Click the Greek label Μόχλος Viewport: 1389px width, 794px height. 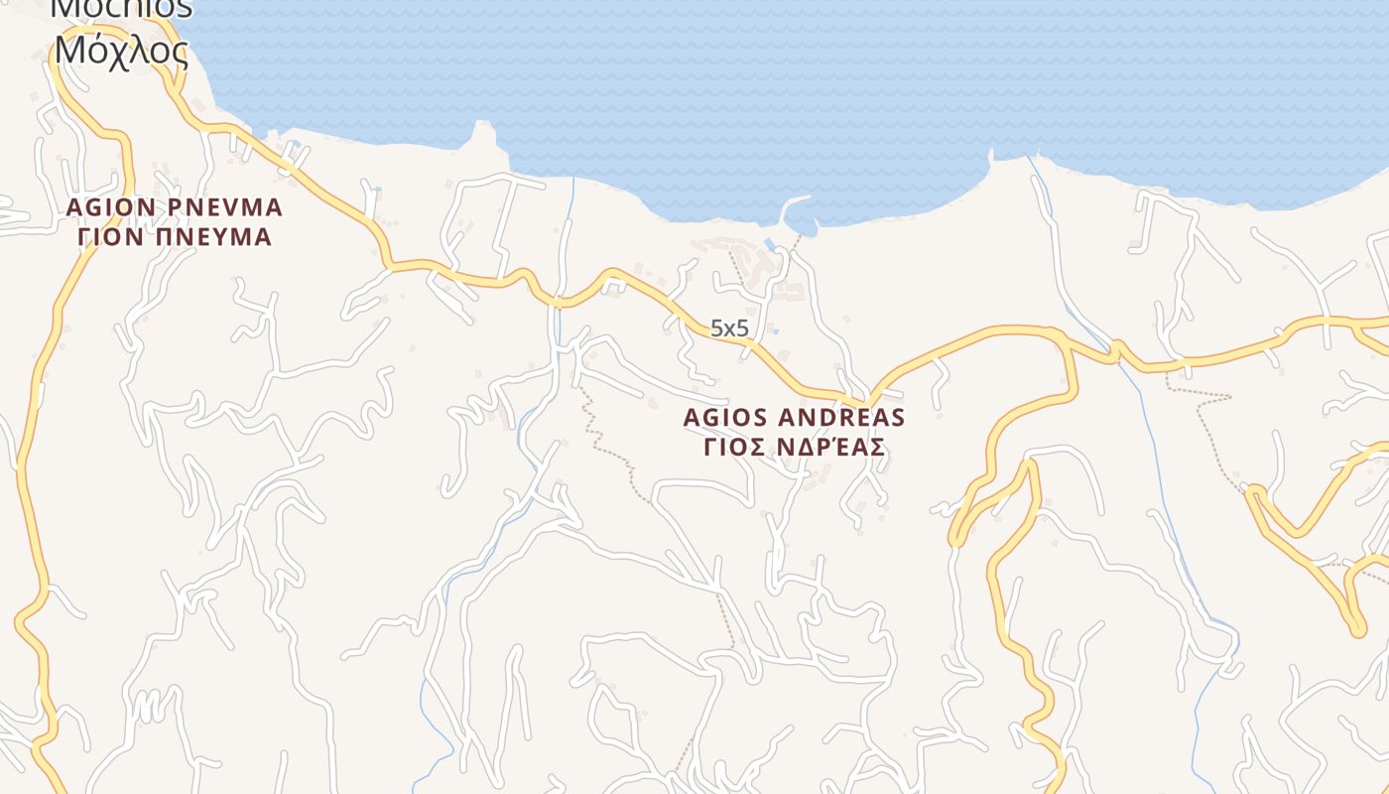pos(121,49)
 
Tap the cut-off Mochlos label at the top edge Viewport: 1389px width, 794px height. pos(121,8)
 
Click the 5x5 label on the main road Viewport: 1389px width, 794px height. pos(729,329)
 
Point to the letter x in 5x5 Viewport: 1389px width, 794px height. pos(729,330)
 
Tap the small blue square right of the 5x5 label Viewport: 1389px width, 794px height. pos(775,331)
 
